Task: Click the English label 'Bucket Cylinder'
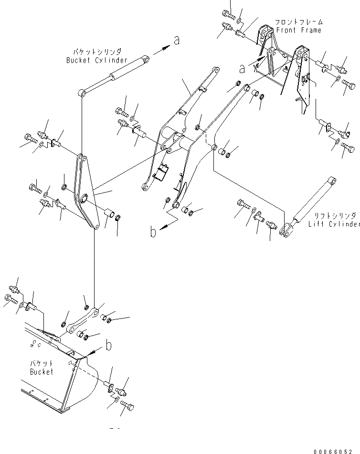[x=97, y=60]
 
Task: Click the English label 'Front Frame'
[x=298, y=30]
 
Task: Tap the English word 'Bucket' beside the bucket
[x=42, y=371]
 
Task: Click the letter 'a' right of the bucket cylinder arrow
[x=177, y=41]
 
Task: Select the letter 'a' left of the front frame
[x=242, y=69]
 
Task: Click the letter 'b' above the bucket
[x=109, y=345]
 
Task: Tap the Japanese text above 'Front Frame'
[x=298, y=22]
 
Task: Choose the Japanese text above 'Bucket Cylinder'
[x=97, y=52]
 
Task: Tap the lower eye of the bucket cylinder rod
[x=84, y=93]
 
